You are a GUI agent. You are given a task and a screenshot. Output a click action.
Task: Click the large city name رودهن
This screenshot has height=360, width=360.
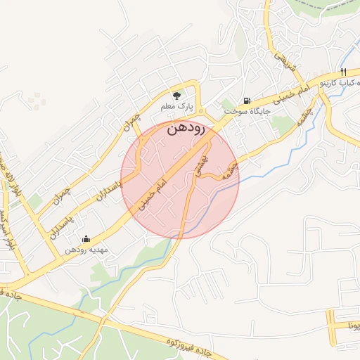tap(186, 129)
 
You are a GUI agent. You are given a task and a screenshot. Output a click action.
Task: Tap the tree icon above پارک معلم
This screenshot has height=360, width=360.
tap(176, 95)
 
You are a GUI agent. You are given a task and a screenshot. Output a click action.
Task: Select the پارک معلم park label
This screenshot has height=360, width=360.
tap(176, 107)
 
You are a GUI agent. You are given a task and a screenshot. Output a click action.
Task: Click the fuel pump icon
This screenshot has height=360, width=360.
tap(246, 101)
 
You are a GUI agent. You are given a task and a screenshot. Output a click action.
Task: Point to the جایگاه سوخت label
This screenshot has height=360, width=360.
tap(243, 112)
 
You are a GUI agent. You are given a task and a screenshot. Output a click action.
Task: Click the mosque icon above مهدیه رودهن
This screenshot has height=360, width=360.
tap(86, 238)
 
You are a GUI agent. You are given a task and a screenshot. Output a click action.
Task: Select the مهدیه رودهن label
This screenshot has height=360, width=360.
tap(85, 250)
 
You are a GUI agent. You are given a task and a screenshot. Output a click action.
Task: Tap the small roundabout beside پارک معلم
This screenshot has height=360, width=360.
tap(200, 111)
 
